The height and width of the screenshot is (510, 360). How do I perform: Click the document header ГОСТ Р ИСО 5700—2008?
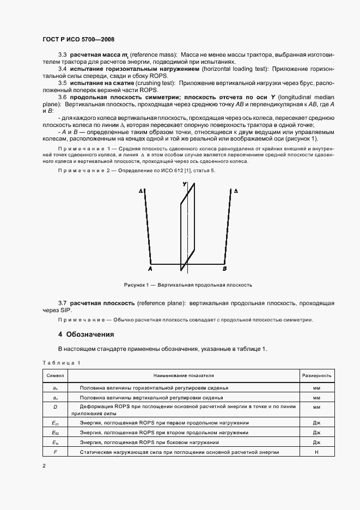pyautogui.click(x=78, y=39)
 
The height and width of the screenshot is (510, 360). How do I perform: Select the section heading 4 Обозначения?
pyautogui.click(x=86, y=334)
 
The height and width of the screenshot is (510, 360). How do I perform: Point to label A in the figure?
pyautogui.click(x=150, y=269)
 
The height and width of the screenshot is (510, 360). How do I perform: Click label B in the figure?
pyautogui.click(x=225, y=269)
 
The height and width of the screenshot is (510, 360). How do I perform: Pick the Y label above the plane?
pyautogui.click(x=185, y=185)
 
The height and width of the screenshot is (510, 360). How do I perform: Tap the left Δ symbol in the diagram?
pyautogui.click(x=141, y=192)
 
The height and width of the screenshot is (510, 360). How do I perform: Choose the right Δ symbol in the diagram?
pyautogui.click(x=235, y=192)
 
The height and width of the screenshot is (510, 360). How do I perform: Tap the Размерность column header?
pyautogui.click(x=316, y=375)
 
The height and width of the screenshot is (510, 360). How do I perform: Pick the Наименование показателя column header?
pyautogui.click(x=183, y=375)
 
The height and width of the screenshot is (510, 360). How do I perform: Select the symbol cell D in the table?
pyautogui.click(x=55, y=406)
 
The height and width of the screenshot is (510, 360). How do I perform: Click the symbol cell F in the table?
pyautogui.click(x=55, y=452)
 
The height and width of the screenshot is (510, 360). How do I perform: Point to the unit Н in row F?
pyautogui.click(x=316, y=452)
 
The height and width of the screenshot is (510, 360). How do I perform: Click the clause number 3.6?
pyautogui.click(x=62, y=96)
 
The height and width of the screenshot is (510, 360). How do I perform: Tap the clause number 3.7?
pyautogui.click(x=62, y=302)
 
